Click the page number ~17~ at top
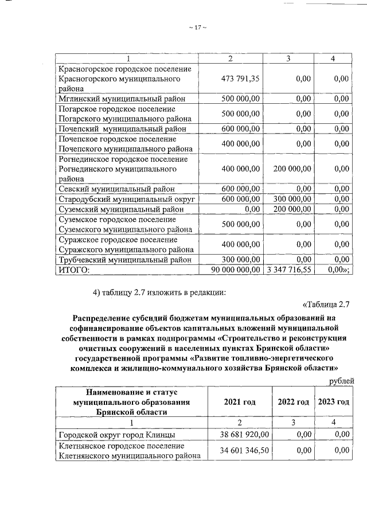pyautogui.click(x=197, y=27)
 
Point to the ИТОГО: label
pyautogui.click(x=75, y=269)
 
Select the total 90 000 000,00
pyautogui.click(x=229, y=269)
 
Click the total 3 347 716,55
pyautogui.click(x=289, y=269)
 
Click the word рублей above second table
pyautogui.click(x=341, y=381)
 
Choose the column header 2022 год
pyautogui.click(x=293, y=402)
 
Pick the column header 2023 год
pyautogui.click(x=333, y=402)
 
